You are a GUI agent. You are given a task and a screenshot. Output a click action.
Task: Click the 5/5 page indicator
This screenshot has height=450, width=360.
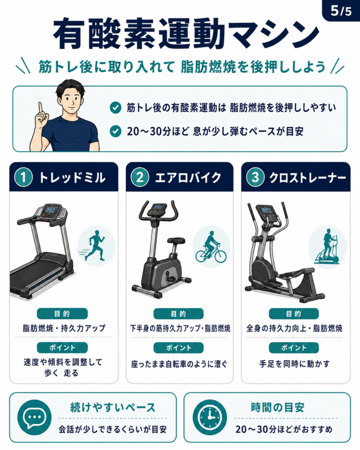[x=341, y=11]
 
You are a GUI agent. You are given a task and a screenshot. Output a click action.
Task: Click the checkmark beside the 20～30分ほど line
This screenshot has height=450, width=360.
[x=116, y=131]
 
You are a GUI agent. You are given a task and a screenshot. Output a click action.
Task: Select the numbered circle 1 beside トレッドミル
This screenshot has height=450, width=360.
[x=24, y=177]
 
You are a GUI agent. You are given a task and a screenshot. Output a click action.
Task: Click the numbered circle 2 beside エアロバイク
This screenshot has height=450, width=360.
[x=140, y=177]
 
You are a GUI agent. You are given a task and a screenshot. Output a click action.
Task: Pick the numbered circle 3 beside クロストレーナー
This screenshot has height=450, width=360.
[x=255, y=177]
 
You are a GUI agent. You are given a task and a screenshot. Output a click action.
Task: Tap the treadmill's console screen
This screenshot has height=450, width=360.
[x=51, y=210]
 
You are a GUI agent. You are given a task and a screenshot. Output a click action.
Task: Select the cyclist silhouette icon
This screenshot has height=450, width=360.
[x=211, y=247]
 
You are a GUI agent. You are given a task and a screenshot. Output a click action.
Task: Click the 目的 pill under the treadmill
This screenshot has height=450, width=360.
[x=62, y=314]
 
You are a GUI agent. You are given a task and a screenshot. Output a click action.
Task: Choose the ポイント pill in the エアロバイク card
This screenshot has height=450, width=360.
[x=178, y=348]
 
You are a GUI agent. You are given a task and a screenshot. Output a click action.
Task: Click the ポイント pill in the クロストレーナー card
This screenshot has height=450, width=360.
[x=294, y=348]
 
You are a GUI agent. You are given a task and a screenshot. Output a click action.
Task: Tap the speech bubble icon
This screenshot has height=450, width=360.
[x=34, y=417]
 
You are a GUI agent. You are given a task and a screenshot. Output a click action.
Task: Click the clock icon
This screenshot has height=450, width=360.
[x=210, y=417]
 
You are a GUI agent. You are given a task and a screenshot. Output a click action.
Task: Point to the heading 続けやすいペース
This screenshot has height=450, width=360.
[x=113, y=407]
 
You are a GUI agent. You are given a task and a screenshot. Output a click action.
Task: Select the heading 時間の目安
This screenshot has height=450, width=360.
[x=278, y=407]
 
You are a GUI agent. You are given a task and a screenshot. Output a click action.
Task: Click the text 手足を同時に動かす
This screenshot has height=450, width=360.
[x=295, y=364]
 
